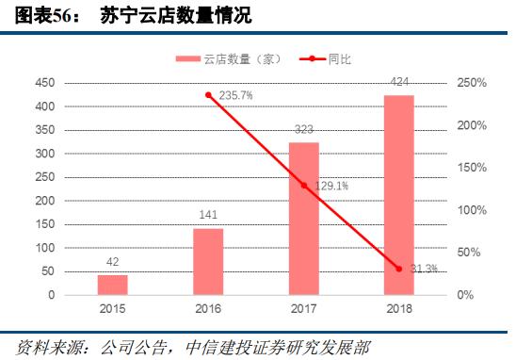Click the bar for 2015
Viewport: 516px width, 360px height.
(113, 285)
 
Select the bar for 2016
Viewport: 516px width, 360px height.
(208, 261)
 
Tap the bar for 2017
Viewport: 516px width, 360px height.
(303, 219)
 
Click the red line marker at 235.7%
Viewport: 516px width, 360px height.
(208, 95)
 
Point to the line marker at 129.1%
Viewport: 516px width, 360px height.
(303, 186)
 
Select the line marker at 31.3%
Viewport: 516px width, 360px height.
(398, 269)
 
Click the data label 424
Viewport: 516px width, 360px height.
(398, 84)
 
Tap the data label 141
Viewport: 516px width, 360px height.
(208, 215)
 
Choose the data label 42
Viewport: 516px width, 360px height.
(113, 263)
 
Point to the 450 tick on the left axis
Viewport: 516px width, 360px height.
(44, 83)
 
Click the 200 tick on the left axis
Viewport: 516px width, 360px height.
(44, 201)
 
